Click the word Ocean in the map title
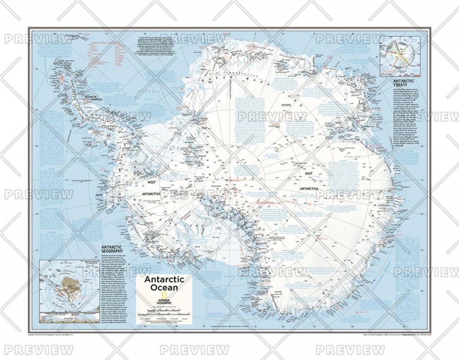click(161, 287)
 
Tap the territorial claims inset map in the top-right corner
click(399, 57)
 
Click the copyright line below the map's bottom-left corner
click(58, 334)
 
